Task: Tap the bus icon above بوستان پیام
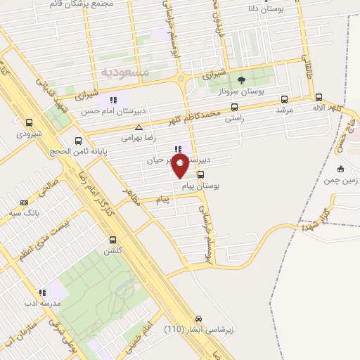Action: click(x=202, y=175)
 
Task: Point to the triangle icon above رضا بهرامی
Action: click(x=139, y=127)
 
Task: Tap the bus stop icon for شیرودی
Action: click(x=29, y=122)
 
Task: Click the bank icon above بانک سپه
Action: click(x=25, y=202)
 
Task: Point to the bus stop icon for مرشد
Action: click(x=284, y=99)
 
